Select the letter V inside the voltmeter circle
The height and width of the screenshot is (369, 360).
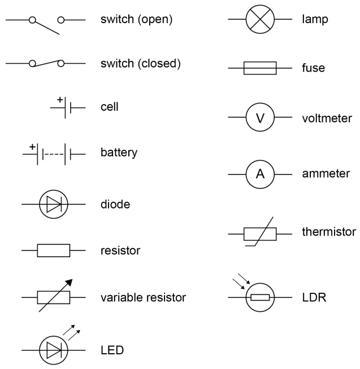coord(260,118)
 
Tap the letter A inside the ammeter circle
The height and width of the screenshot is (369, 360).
coord(260,174)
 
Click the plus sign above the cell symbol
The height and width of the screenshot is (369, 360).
coord(60,100)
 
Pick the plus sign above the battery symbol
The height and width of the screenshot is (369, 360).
coord(32,147)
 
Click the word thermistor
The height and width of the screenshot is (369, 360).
coord(329,232)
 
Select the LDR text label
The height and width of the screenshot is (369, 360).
coord(314,297)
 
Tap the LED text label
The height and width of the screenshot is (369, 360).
coord(112,350)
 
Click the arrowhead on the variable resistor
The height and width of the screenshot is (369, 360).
coord(69,283)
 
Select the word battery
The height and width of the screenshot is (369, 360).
coord(119,153)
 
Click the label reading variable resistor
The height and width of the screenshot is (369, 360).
coord(144,297)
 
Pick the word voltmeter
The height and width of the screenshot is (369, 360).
coord(327,118)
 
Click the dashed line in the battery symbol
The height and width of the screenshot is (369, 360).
coord(54,154)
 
